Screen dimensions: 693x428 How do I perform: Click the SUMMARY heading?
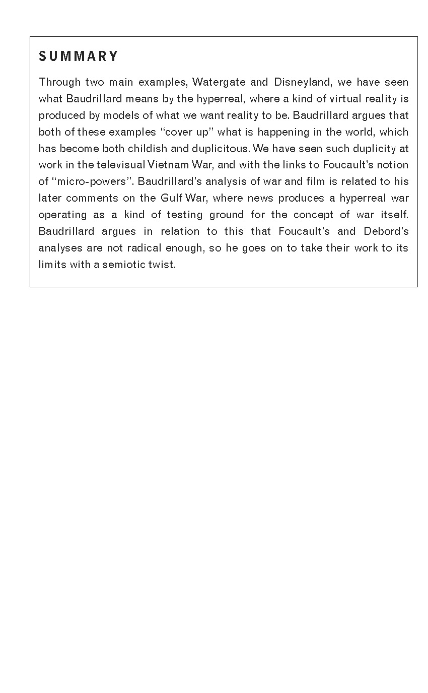pos(79,56)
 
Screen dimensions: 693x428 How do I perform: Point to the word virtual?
pos(344,99)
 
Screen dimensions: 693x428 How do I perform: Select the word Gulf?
pos(171,198)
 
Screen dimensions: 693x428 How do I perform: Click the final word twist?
pos(163,265)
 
